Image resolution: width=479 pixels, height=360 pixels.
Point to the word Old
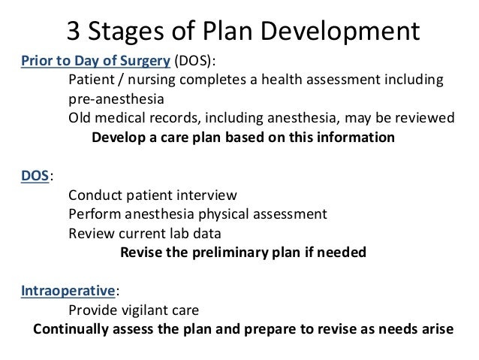pos(80,119)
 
